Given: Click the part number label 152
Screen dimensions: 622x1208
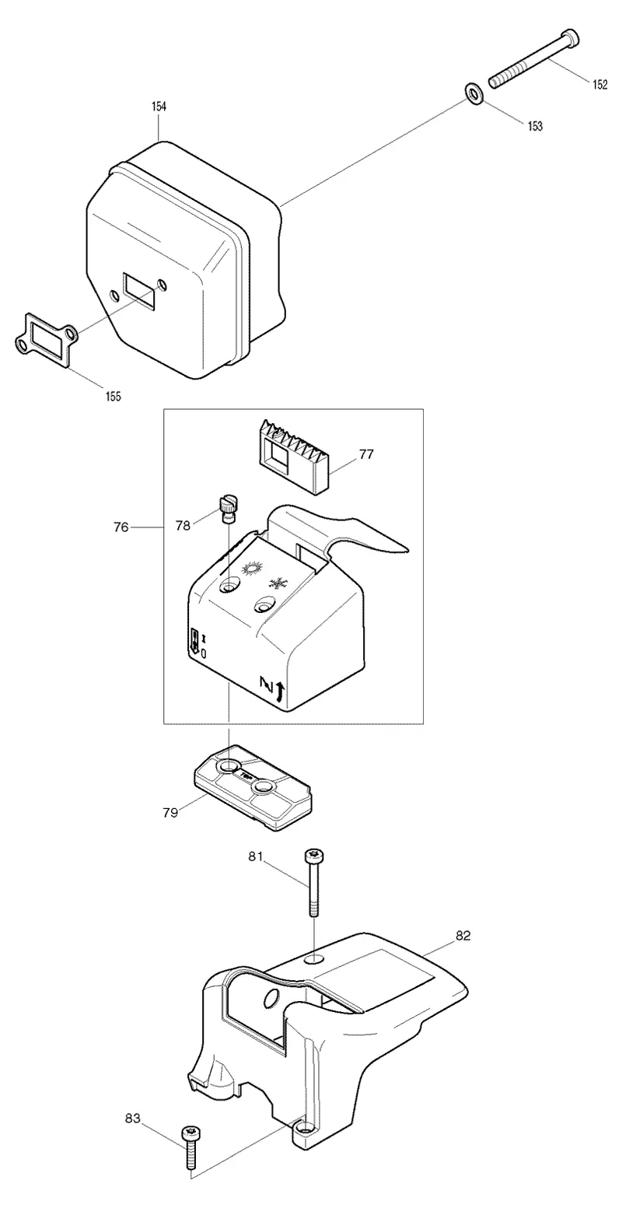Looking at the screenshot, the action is (x=599, y=85).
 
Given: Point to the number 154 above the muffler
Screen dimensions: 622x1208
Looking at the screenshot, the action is (x=159, y=107).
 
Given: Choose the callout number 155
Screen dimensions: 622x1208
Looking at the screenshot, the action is (x=114, y=397).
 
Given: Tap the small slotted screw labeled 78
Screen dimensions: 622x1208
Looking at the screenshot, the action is (x=229, y=509).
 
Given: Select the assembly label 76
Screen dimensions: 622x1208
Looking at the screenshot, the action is (x=121, y=527).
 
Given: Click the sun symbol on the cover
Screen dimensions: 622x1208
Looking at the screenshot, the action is (x=253, y=569).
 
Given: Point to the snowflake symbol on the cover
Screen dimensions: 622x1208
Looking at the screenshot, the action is (x=278, y=583).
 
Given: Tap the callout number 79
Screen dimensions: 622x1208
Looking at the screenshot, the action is (x=170, y=812).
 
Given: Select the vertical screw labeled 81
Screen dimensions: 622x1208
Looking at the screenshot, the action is (x=313, y=882).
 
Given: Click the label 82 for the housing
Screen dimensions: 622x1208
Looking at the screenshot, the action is (x=463, y=935).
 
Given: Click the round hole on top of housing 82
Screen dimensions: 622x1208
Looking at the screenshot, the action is (x=314, y=959).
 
